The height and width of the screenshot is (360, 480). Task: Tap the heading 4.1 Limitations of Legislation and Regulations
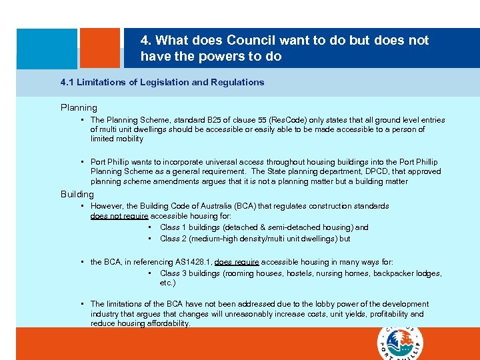coord(162,83)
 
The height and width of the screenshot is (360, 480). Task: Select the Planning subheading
coord(79,107)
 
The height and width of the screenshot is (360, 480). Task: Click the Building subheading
coord(77,194)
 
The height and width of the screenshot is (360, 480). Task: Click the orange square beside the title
coord(100,48)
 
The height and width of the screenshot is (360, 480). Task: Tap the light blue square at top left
coord(47,48)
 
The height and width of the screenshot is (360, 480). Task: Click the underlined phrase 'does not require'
coord(119,216)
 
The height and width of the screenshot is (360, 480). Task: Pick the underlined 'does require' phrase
coord(237,263)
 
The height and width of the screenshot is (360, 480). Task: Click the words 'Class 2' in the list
coord(171,239)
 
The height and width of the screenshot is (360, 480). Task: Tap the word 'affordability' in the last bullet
coord(168,323)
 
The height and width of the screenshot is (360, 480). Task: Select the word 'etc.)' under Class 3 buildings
coord(169,283)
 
